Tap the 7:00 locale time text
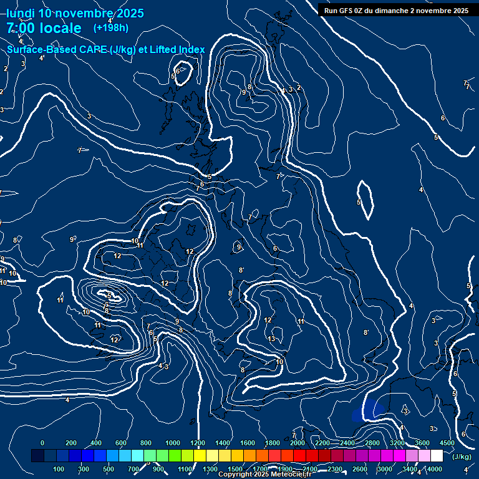coord(44,28)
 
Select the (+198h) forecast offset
coord(111,28)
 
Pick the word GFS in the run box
coord(351,11)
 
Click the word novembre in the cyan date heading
coord(84,13)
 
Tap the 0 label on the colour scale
coord(42,443)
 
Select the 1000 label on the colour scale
coord(173,443)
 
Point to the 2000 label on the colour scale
coord(298,443)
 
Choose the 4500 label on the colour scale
coord(447,443)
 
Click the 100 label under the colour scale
coord(59,469)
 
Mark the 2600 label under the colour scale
coord(360,469)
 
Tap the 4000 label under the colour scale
coord(435,469)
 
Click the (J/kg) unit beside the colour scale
coord(462,457)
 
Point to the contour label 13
coord(271,339)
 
